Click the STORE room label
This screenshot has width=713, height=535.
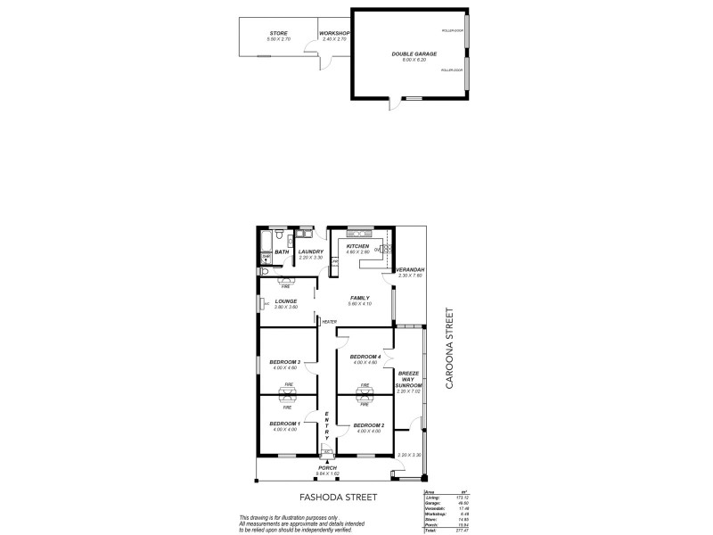[279, 33]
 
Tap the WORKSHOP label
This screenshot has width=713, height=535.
[334, 33]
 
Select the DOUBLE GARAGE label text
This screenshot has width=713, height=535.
[408, 54]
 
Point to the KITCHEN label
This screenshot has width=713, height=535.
[357, 247]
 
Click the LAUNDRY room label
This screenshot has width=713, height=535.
[311, 251]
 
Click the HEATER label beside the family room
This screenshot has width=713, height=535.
[329, 322]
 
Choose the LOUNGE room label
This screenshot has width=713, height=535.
[286, 301]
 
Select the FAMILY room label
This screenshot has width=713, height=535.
[360, 298]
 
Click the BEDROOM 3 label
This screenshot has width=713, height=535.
[286, 361]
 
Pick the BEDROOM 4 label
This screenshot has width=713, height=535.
[365, 357]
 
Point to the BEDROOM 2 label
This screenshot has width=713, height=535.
[368, 425]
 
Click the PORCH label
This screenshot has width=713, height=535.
[328, 468]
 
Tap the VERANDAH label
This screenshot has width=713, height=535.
[409, 269]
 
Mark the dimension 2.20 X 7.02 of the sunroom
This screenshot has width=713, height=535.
[408, 391]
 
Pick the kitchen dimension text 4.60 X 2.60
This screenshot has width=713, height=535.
[357, 252]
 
